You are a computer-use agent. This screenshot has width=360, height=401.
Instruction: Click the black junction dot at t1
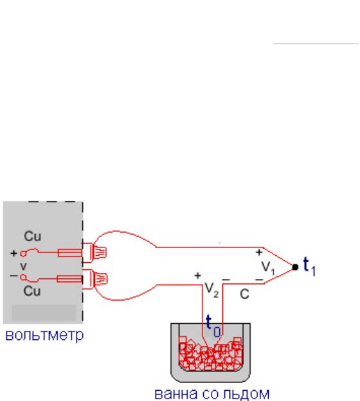tap(295, 267)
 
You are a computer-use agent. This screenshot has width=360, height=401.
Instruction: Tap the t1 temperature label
tap(309, 267)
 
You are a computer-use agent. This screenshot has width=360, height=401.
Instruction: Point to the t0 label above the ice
tap(213, 326)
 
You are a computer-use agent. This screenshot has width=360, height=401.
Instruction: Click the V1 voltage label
tap(268, 268)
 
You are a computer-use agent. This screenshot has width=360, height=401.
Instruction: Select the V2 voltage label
tap(212, 290)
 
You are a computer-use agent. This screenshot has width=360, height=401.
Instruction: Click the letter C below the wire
tap(244, 294)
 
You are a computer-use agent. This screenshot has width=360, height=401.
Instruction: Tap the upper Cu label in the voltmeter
tap(33, 236)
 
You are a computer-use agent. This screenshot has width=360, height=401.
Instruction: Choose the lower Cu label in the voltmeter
tap(32, 291)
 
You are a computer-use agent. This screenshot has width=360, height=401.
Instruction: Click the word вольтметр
tap(44, 335)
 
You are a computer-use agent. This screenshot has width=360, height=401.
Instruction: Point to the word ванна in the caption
tap(176, 394)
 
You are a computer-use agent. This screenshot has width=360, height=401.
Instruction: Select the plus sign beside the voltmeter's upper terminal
tap(14, 253)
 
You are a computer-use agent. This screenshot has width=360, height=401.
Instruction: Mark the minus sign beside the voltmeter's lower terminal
tap(14, 276)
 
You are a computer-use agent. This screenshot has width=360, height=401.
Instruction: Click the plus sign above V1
tap(259, 253)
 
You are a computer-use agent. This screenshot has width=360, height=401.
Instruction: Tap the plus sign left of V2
tap(197, 276)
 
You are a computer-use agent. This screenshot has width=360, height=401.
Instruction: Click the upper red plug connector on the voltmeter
tap(94, 253)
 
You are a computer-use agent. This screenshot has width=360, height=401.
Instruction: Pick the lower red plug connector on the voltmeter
tap(94, 280)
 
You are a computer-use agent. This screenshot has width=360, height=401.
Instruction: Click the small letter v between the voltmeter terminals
tap(23, 266)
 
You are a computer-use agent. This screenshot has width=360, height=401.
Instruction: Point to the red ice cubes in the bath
tap(210, 354)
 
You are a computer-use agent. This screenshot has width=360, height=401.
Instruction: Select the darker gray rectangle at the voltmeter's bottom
tap(44, 312)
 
